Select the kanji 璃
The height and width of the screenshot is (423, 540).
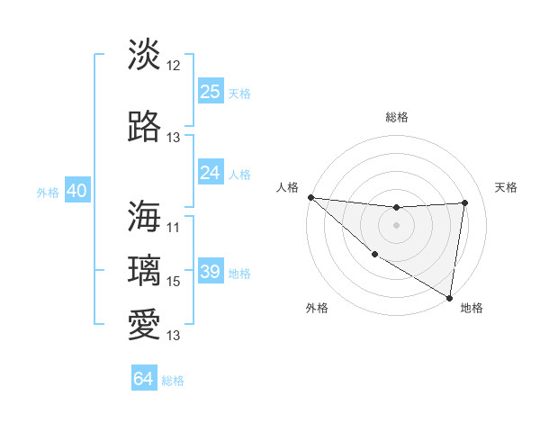(145, 270)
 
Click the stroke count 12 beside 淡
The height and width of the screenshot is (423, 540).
(174, 66)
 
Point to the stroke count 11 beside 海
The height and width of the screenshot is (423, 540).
(174, 228)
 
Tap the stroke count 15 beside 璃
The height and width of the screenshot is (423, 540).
(174, 282)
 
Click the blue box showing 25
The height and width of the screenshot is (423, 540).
(211, 92)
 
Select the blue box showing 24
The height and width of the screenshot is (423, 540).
(211, 173)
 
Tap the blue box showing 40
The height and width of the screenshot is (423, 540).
(76, 192)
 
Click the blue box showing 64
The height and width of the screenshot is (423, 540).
(144, 379)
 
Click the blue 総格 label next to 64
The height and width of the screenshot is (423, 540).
(173, 381)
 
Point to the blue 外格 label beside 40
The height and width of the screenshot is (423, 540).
(48, 193)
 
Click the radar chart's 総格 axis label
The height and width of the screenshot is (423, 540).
(396, 117)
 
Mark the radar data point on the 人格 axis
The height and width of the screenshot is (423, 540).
(310, 196)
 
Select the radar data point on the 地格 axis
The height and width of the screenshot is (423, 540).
(449, 297)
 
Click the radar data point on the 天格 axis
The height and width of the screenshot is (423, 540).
(465, 202)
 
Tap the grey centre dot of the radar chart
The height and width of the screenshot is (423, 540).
(396, 225)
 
